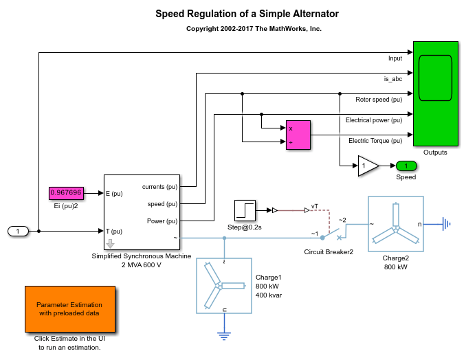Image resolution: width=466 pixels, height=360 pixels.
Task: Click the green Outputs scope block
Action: coord(435,93)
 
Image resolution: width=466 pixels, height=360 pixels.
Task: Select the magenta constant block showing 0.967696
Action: coord(66,194)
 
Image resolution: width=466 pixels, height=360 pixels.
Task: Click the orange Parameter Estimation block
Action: coord(70,308)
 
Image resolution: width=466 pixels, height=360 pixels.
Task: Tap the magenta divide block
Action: coord(298,135)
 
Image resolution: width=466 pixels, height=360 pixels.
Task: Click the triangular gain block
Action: coord(367,166)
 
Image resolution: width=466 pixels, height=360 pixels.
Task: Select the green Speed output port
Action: coord(406,166)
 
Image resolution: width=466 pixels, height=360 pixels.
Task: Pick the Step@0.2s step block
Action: coord(245,210)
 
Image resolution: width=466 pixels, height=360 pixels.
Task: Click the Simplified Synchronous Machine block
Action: coord(141,212)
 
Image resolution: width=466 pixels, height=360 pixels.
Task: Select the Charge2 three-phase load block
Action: coord(395,223)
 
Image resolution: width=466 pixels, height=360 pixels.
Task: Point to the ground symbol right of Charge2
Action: coord(447,223)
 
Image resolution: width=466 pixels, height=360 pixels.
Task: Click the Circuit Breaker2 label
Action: coord(329,251)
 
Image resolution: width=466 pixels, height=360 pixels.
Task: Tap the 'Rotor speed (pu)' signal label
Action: coord(379,100)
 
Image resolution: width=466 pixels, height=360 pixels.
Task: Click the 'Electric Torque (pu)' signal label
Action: coord(375,141)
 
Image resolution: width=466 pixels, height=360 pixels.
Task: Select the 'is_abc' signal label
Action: coord(393,79)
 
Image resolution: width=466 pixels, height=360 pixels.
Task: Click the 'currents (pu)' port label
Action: coord(159,187)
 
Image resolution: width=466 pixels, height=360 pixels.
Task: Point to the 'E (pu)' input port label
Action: coord(113,194)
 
